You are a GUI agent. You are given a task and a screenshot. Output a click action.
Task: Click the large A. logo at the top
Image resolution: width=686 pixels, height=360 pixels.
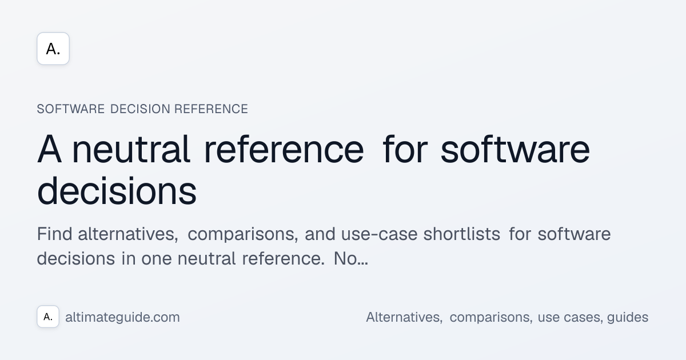(x=53, y=49)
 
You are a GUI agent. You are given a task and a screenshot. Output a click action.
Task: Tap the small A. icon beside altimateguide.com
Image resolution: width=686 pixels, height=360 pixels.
(x=48, y=317)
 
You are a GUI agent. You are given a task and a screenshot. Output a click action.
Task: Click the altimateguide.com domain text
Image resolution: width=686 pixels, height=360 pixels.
(x=123, y=317)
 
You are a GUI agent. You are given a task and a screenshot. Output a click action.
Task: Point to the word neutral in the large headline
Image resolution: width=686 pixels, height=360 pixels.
(x=131, y=150)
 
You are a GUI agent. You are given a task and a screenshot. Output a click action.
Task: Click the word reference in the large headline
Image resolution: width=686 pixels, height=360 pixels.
(x=284, y=150)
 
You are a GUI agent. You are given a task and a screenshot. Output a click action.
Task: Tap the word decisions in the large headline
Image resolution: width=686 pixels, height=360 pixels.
(x=117, y=191)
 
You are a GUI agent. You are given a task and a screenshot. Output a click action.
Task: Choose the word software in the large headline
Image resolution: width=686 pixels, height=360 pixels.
(x=515, y=150)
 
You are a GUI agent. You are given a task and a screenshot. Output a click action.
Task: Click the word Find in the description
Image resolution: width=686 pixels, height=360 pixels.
(x=55, y=234)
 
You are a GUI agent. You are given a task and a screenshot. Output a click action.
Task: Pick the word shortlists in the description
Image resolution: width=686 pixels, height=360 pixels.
(x=462, y=234)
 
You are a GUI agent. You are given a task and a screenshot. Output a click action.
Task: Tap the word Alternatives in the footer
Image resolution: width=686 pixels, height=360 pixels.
(x=404, y=317)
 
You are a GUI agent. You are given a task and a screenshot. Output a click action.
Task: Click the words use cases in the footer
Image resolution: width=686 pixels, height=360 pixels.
(x=569, y=317)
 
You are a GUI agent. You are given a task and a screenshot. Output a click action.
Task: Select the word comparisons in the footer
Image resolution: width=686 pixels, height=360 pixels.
(x=489, y=317)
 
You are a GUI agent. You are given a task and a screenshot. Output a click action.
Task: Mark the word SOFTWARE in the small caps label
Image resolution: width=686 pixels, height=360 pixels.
(x=70, y=109)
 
